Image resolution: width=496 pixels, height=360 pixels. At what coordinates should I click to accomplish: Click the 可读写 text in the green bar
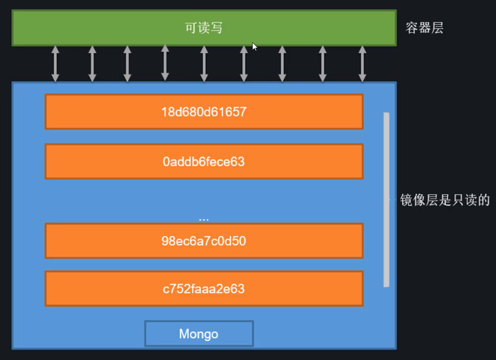coord(204,28)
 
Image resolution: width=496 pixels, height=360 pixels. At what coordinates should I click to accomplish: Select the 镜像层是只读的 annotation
coord(445,200)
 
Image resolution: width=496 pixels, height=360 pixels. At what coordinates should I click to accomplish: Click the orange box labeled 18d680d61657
coord(204,112)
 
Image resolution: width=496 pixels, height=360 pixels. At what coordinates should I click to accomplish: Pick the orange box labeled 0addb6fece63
coord(204,161)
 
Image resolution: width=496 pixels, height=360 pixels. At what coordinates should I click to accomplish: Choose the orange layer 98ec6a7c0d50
coord(204,241)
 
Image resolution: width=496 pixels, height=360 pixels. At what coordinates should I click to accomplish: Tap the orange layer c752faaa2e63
coord(204,288)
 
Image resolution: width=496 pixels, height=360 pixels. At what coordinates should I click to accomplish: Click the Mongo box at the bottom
coord(199,334)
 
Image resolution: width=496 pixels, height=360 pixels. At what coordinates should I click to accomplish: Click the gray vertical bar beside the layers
coord(386,199)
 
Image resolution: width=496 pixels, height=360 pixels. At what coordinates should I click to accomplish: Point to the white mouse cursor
coord(255,47)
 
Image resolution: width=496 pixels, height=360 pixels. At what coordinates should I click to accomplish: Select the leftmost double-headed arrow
coord(55,63)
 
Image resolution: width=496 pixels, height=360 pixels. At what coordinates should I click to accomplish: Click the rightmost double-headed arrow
coord(362,63)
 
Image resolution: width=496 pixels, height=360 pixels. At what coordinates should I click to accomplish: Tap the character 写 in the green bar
coord(216,28)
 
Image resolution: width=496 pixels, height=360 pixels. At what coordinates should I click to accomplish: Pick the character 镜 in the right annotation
coord(406,200)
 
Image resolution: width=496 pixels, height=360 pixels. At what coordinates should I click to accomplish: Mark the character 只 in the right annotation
coord(457,200)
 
